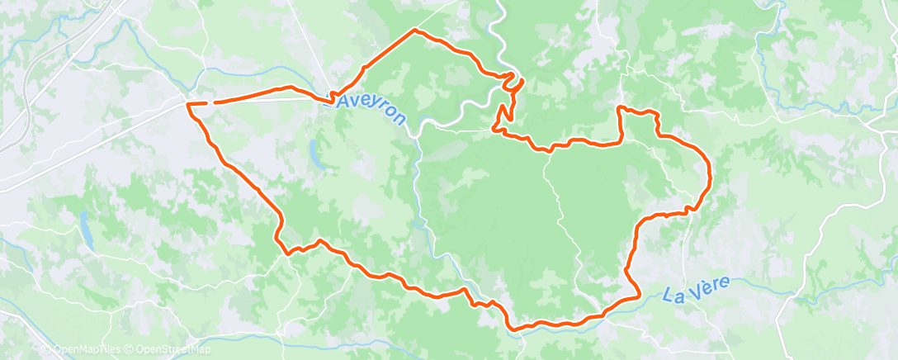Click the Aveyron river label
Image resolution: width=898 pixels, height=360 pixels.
372,108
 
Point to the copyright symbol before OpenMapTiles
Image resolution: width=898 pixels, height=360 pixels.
46,349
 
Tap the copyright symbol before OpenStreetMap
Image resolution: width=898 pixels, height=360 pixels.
130,349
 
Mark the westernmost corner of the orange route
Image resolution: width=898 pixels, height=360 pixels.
189,104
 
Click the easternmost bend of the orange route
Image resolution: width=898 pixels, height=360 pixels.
711,173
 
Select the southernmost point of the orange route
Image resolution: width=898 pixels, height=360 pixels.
517,329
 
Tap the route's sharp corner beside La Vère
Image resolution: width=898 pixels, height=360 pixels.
640,295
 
